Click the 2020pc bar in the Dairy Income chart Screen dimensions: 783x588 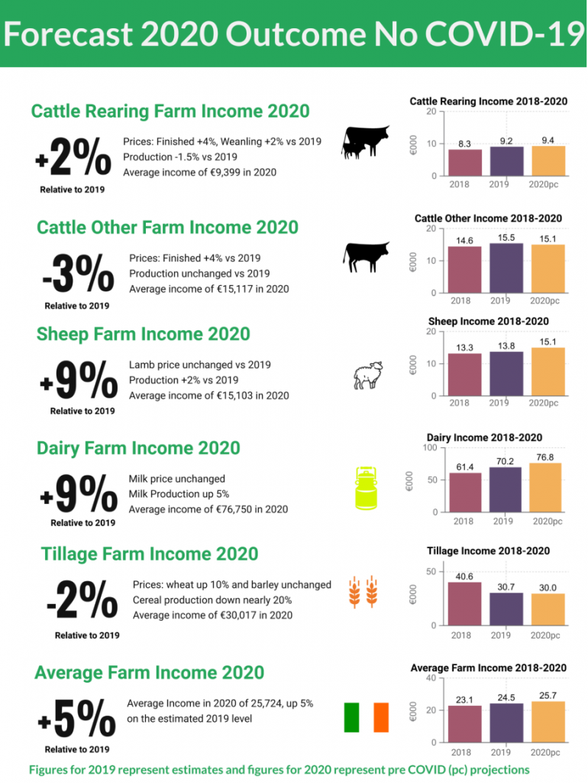(546, 488)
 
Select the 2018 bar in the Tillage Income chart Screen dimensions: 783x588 (464, 604)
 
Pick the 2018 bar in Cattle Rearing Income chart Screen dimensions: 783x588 (465, 163)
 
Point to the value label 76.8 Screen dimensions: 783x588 (545, 456)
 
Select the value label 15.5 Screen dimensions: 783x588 (506, 238)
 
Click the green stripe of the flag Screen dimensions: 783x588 (351, 717)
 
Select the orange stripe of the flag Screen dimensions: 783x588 (381, 717)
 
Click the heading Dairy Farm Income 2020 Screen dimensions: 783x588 (138, 448)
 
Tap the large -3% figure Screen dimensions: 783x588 (78, 272)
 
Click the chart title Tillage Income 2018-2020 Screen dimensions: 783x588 (487, 551)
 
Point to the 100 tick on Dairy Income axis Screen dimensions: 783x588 (430, 447)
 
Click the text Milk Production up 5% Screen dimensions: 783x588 (179, 494)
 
